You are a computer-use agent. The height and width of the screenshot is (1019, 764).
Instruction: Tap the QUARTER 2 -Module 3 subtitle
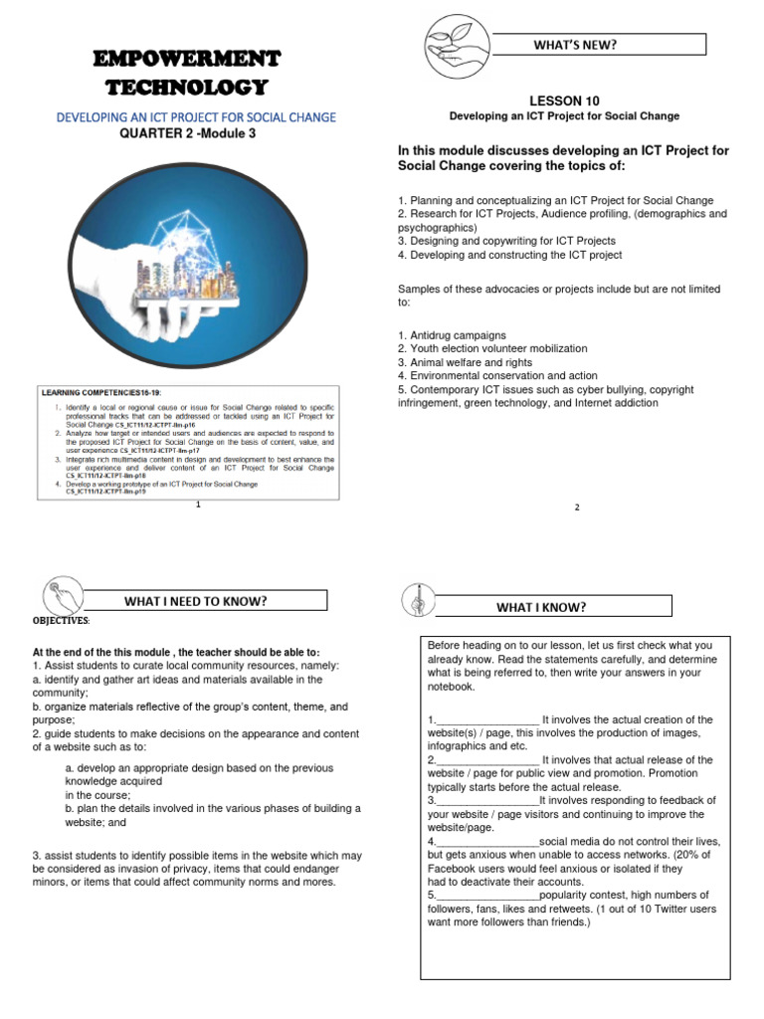195,133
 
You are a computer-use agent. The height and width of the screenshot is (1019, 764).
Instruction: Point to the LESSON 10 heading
564,101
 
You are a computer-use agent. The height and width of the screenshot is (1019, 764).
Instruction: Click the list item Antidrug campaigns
452,334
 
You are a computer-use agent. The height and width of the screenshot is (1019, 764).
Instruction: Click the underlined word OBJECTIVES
61,621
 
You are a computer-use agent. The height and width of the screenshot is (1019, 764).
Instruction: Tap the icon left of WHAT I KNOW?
414,601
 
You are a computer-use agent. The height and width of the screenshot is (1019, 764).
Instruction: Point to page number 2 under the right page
577,508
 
